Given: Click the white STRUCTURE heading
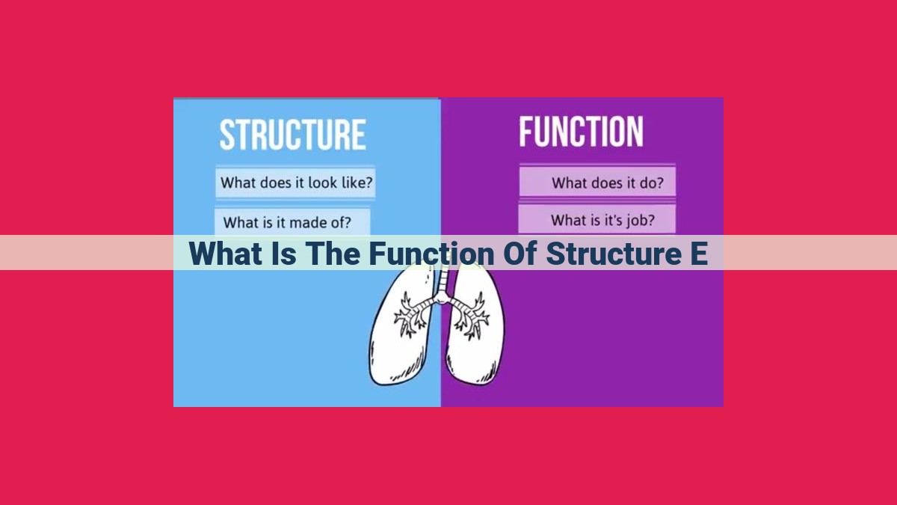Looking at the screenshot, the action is (293, 134).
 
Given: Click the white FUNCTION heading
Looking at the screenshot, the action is (581, 131).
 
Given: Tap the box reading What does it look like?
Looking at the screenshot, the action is (295, 183).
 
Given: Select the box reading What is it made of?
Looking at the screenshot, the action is (292, 221).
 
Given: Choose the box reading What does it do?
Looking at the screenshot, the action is (597, 183).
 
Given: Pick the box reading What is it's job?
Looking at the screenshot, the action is (597, 220).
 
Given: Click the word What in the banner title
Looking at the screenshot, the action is (225, 254).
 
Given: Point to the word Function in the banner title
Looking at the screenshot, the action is (432, 254).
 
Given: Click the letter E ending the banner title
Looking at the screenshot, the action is (700, 254).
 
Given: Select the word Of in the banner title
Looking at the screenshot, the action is (520, 254).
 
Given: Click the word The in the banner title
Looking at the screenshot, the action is (333, 254).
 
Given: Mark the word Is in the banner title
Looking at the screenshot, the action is (284, 254).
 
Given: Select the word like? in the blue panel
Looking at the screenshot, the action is (357, 183).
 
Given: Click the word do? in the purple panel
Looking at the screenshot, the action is (652, 183).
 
